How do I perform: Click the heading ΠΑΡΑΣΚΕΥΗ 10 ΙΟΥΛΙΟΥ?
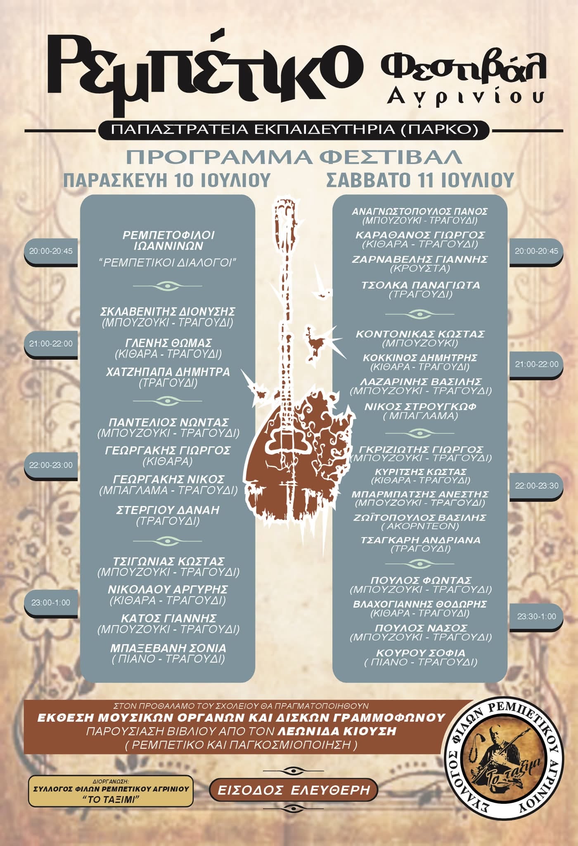point(167,181)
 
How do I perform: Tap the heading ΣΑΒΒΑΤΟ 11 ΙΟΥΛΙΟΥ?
point(420,180)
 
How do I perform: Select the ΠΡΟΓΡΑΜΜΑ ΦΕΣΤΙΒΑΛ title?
point(294,157)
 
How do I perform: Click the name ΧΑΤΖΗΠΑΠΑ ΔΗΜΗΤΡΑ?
point(168,372)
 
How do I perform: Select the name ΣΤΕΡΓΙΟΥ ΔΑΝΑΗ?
point(168,510)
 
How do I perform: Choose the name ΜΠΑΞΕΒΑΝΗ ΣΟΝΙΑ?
point(168,648)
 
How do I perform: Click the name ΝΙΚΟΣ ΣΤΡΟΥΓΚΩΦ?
point(420,407)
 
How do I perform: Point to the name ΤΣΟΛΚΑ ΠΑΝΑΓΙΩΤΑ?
point(420,285)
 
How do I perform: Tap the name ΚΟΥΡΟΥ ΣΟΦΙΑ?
point(420,653)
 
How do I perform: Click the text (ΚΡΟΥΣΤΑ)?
point(420,269)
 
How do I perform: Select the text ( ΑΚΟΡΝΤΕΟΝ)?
point(420,526)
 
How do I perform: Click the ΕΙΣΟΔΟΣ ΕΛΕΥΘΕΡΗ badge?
point(294,791)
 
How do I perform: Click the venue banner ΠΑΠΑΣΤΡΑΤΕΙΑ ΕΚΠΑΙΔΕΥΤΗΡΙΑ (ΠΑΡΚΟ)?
point(294,130)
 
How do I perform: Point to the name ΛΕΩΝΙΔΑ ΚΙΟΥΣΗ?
point(337,731)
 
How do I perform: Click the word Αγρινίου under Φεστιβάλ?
point(465,97)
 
